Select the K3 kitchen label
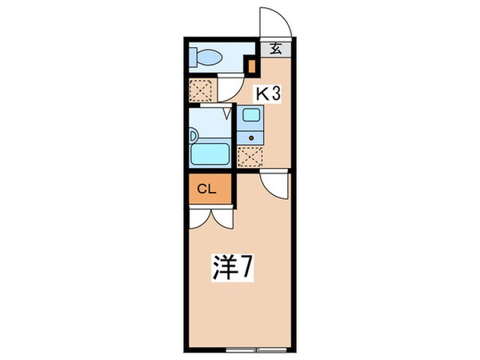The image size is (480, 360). click(x=266, y=94)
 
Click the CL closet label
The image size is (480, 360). click(x=206, y=190)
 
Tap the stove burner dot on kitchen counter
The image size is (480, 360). click(x=250, y=136)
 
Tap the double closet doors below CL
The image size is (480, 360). click(x=211, y=217)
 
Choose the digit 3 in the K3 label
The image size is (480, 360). click(x=276, y=94)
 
